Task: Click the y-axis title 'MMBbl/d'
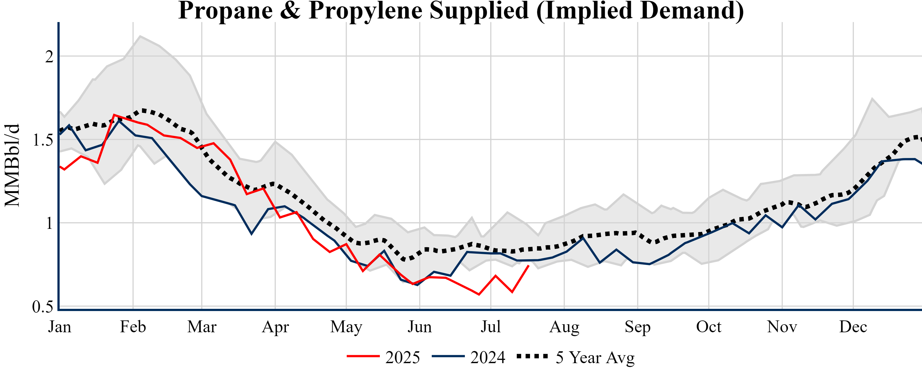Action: tap(12, 165)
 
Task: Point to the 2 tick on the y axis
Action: tap(49, 57)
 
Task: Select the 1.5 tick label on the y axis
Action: tap(43, 140)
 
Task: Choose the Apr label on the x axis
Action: tap(275, 327)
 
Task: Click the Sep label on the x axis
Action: tap(637, 327)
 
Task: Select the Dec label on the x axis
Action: tap(853, 327)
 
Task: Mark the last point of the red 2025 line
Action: tap(529, 266)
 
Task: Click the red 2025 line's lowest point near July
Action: tap(479, 294)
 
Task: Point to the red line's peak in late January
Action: tap(114, 115)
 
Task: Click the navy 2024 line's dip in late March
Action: tap(251, 234)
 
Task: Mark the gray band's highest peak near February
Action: tap(140, 36)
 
